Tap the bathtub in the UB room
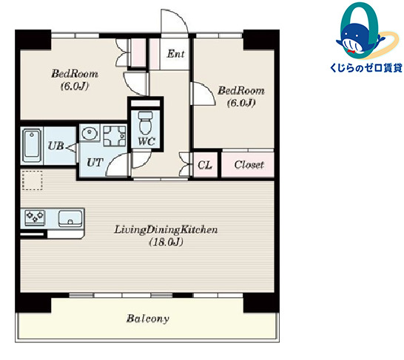[x=32, y=146]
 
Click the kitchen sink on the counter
[x=70, y=218]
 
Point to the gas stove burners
[x=35, y=217]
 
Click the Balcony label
[x=148, y=319]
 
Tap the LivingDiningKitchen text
[x=166, y=230]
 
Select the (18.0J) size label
[x=166, y=242]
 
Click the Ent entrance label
[x=175, y=54]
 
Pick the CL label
[x=205, y=165]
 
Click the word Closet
[x=249, y=165]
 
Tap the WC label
[x=147, y=141]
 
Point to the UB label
[x=56, y=146]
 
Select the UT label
[x=95, y=163]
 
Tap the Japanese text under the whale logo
[x=366, y=68]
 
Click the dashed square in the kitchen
[x=33, y=180]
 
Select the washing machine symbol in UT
[x=115, y=135]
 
